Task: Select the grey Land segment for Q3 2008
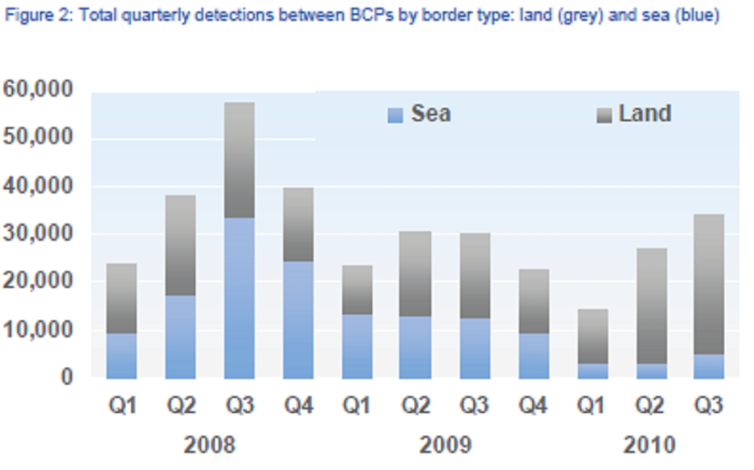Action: (239, 160)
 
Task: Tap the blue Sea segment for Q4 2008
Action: (298, 319)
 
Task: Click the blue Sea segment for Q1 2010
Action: (593, 371)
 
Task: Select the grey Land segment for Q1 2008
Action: (121, 298)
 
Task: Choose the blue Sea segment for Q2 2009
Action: (416, 347)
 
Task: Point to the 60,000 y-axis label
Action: (38, 90)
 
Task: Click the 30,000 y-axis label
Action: (38, 234)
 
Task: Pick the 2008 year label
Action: (209, 445)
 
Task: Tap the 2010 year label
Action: (650, 445)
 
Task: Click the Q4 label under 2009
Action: (534, 406)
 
